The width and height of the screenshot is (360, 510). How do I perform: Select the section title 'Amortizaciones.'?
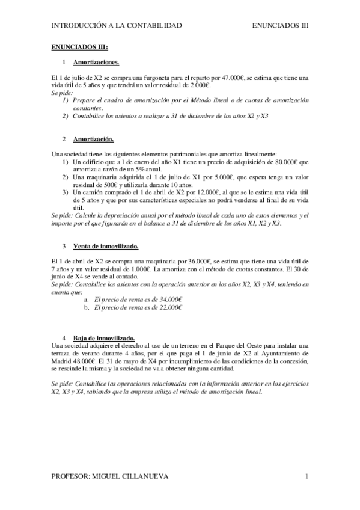[x=96, y=62]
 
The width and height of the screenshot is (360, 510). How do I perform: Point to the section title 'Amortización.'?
[x=93, y=139]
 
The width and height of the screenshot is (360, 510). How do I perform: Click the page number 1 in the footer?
[x=307, y=477]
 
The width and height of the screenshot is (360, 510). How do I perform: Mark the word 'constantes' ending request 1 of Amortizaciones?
[x=88, y=108]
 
